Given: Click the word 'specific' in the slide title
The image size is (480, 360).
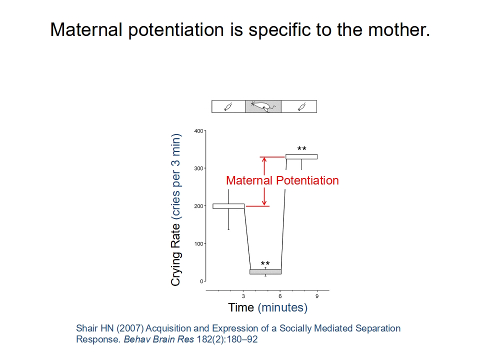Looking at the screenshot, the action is click(x=280, y=30).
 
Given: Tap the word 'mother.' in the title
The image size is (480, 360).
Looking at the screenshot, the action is click(x=399, y=29).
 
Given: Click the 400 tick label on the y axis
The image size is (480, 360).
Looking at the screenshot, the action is click(x=198, y=131).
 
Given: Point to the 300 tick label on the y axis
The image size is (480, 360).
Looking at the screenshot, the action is click(x=198, y=168).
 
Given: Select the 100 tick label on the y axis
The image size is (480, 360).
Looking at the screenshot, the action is click(x=198, y=243).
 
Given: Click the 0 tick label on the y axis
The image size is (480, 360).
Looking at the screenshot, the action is click(x=201, y=281).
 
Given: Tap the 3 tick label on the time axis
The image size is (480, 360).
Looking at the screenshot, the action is click(x=243, y=296).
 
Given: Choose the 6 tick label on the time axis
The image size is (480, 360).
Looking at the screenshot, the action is click(x=280, y=296).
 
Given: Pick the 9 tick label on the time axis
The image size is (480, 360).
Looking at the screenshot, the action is click(x=317, y=296).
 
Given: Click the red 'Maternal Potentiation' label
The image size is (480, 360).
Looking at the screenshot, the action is click(x=282, y=180).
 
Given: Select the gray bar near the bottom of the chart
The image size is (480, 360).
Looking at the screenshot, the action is click(x=265, y=272).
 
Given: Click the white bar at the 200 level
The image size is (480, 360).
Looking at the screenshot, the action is click(x=228, y=206).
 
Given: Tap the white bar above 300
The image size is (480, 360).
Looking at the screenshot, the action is click(x=301, y=156).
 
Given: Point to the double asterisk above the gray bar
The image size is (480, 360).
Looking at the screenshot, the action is click(x=265, y=263).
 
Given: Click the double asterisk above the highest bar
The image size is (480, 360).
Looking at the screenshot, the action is click(x=302, y=148).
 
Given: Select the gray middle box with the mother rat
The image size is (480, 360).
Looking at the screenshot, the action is click(x=263, y=106).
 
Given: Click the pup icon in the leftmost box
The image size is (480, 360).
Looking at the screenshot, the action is click(x=228, y=106).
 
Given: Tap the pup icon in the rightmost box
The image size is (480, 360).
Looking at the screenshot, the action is click(x=302, y=106).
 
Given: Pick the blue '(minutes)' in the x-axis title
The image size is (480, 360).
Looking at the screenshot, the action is click(x=282, y=307).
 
